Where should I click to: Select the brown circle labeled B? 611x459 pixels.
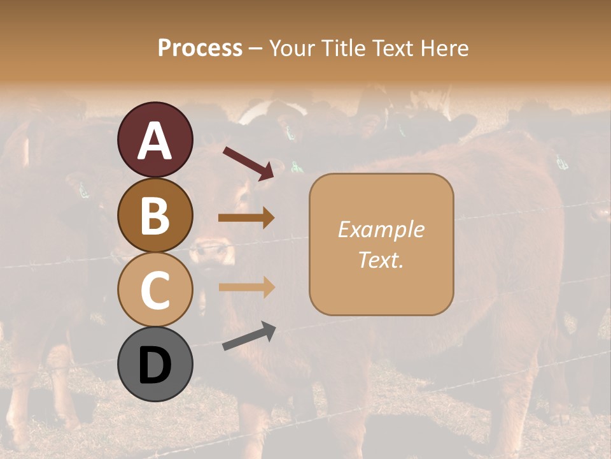155,215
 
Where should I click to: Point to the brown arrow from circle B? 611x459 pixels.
246,218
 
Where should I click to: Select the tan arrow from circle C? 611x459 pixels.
246,287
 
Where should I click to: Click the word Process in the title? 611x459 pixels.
200,48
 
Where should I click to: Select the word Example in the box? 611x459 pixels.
381,229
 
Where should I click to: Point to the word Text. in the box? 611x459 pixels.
381,259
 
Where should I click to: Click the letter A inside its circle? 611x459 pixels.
155,141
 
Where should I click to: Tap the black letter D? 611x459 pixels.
155,365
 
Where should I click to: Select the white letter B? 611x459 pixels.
155,216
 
